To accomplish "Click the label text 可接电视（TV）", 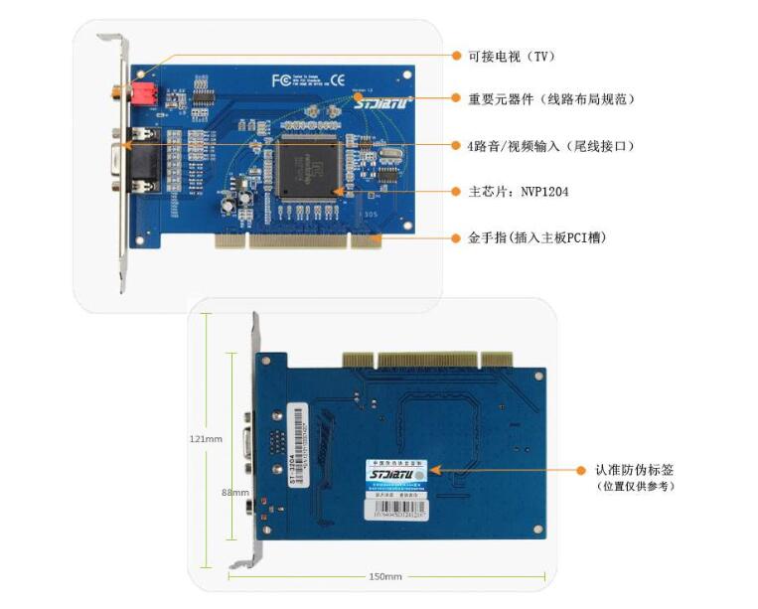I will pos(513,56).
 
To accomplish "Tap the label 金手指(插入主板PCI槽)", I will pos(537,238).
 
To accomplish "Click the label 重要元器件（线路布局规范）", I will pos(550,99).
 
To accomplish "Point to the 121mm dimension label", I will pos(209,437).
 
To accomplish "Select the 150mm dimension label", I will pos(385,577).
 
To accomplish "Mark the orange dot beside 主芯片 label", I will pos(456,191).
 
